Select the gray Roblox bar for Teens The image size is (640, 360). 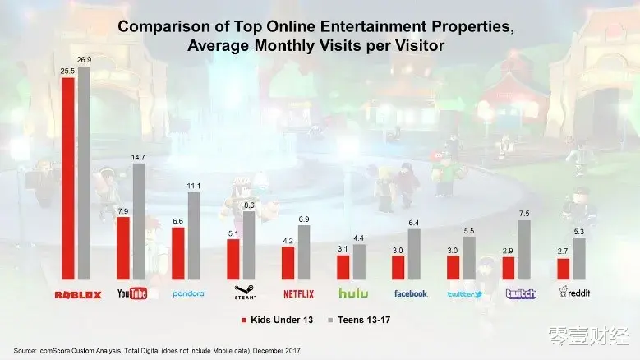[84, 173]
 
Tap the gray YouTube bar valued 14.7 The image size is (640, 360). [138, 222]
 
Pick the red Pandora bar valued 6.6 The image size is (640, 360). [177, 254]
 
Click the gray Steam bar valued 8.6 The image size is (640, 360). [250, 247]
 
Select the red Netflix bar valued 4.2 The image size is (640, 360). [288, 263]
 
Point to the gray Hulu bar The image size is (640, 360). [359, 262]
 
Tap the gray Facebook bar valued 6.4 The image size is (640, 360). [414, 255]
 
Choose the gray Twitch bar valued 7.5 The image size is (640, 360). [524, 251]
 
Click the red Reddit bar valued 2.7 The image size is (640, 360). [563, 270]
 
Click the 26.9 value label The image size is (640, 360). [85, 59]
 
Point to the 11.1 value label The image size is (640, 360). [194, 186]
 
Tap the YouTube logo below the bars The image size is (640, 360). [131, 293]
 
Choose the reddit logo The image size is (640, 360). [574, 293]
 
